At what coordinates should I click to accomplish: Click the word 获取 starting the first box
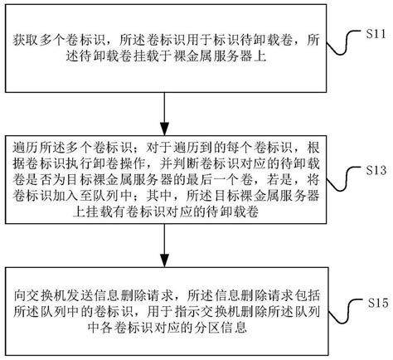coord(27,40)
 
